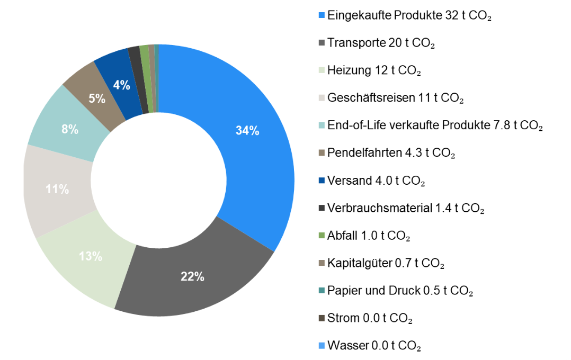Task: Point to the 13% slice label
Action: coord(91,257)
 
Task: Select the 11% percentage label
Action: coord(57,189)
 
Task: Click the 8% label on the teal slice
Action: coord(70,129)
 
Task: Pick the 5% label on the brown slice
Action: coord(96,98)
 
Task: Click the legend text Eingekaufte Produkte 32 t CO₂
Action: coord(409,15)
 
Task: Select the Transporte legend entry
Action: coord(381,43)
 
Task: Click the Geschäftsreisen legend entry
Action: coord(396,98)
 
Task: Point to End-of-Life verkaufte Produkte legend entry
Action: coord(435,125)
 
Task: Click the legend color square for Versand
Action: coord(321,181)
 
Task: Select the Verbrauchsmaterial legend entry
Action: coord(406,208)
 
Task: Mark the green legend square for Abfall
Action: coord(321,236)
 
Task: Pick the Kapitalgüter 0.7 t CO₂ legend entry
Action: coord(386,263)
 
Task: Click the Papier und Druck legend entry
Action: coord(400,291)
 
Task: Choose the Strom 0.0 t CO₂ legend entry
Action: coord(370,319)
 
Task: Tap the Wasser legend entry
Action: coord(374,346)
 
